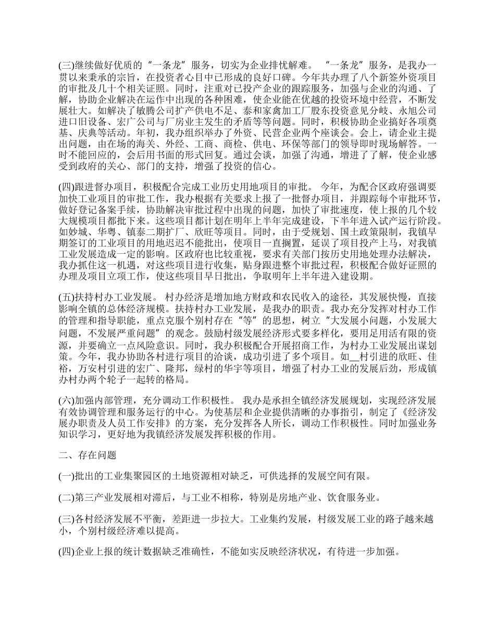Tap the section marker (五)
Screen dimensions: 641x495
[66, 298]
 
